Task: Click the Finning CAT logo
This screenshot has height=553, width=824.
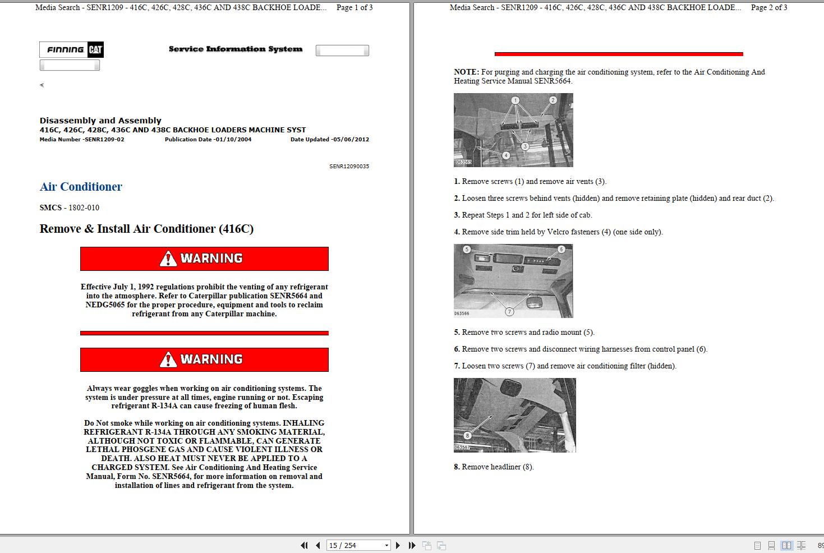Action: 71,50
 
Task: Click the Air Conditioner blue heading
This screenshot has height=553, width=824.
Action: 81,187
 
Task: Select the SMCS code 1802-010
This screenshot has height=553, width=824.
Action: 84,208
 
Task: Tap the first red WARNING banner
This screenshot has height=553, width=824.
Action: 204,259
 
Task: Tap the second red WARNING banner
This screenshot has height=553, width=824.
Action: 204,360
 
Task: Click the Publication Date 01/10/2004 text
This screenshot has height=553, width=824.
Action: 208,140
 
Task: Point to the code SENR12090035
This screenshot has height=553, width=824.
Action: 349,167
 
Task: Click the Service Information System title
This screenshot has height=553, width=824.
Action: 236,49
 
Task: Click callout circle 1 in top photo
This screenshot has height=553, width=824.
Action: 515,100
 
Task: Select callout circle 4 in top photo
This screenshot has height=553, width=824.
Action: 506,155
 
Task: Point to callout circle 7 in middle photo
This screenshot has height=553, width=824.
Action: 509,311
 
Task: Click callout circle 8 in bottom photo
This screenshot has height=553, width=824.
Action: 467,435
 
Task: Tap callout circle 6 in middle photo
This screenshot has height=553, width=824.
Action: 561,249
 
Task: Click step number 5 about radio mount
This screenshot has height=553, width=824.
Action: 457,333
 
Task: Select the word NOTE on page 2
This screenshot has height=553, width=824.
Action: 466,72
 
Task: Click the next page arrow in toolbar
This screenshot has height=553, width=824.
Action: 398,545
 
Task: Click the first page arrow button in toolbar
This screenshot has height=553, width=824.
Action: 304,545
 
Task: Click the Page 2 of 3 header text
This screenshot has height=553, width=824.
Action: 769,8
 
